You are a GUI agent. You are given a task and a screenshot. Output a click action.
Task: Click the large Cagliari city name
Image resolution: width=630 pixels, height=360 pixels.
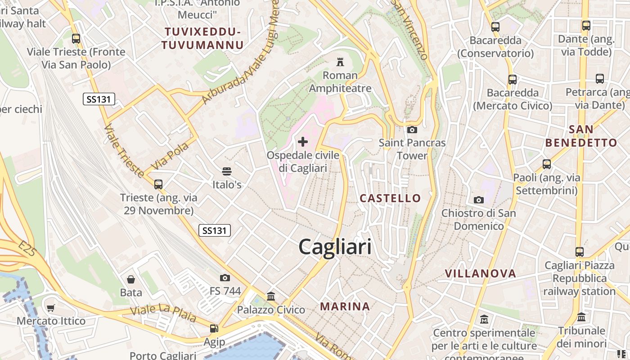coord(335,247)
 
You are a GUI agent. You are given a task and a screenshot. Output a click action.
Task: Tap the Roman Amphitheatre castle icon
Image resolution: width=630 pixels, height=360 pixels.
coord(340,62)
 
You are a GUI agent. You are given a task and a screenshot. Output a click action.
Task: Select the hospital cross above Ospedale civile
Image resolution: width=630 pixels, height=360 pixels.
coord(303,142)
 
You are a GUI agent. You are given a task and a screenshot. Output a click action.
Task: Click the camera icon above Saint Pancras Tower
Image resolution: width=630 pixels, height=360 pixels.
coord(412,130)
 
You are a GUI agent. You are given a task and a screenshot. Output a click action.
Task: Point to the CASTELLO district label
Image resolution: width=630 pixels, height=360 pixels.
coord(390,198)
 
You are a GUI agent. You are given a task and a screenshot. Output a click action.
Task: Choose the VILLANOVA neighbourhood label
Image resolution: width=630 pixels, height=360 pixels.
coord(480,273)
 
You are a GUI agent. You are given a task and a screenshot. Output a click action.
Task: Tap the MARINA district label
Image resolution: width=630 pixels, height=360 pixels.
coord(345,306)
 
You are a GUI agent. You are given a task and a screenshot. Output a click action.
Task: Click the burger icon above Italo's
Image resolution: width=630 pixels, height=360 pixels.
coord(227,171)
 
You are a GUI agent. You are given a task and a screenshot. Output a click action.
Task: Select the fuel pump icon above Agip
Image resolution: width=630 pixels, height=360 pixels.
coord(214,329)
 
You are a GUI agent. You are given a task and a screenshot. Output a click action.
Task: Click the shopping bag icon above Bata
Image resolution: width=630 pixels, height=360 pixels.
coord(131,279)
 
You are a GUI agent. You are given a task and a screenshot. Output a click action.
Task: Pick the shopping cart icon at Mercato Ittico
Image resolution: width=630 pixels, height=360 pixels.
coord(50,308)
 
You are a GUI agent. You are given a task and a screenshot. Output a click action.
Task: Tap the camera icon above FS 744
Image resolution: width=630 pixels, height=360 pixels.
coord(225,278)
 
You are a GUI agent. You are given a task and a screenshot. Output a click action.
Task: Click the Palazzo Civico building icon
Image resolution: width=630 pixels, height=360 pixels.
coord(271,296)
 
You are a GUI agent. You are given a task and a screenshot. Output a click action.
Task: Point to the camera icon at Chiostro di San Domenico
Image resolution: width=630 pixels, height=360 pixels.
coord(478,200)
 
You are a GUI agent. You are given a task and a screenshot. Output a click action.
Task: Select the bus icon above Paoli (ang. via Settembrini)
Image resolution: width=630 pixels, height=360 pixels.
coord(547,164)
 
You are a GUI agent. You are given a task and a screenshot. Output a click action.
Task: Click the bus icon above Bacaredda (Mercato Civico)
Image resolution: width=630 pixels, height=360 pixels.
coord(512,80)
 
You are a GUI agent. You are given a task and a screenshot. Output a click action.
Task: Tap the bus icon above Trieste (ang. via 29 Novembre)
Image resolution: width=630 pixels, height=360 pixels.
coord(158,184)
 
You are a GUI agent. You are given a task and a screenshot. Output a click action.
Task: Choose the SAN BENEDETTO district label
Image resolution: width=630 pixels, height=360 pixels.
coord(581,136)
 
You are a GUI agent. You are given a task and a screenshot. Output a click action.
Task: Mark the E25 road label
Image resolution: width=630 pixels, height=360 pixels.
coord(27,249)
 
